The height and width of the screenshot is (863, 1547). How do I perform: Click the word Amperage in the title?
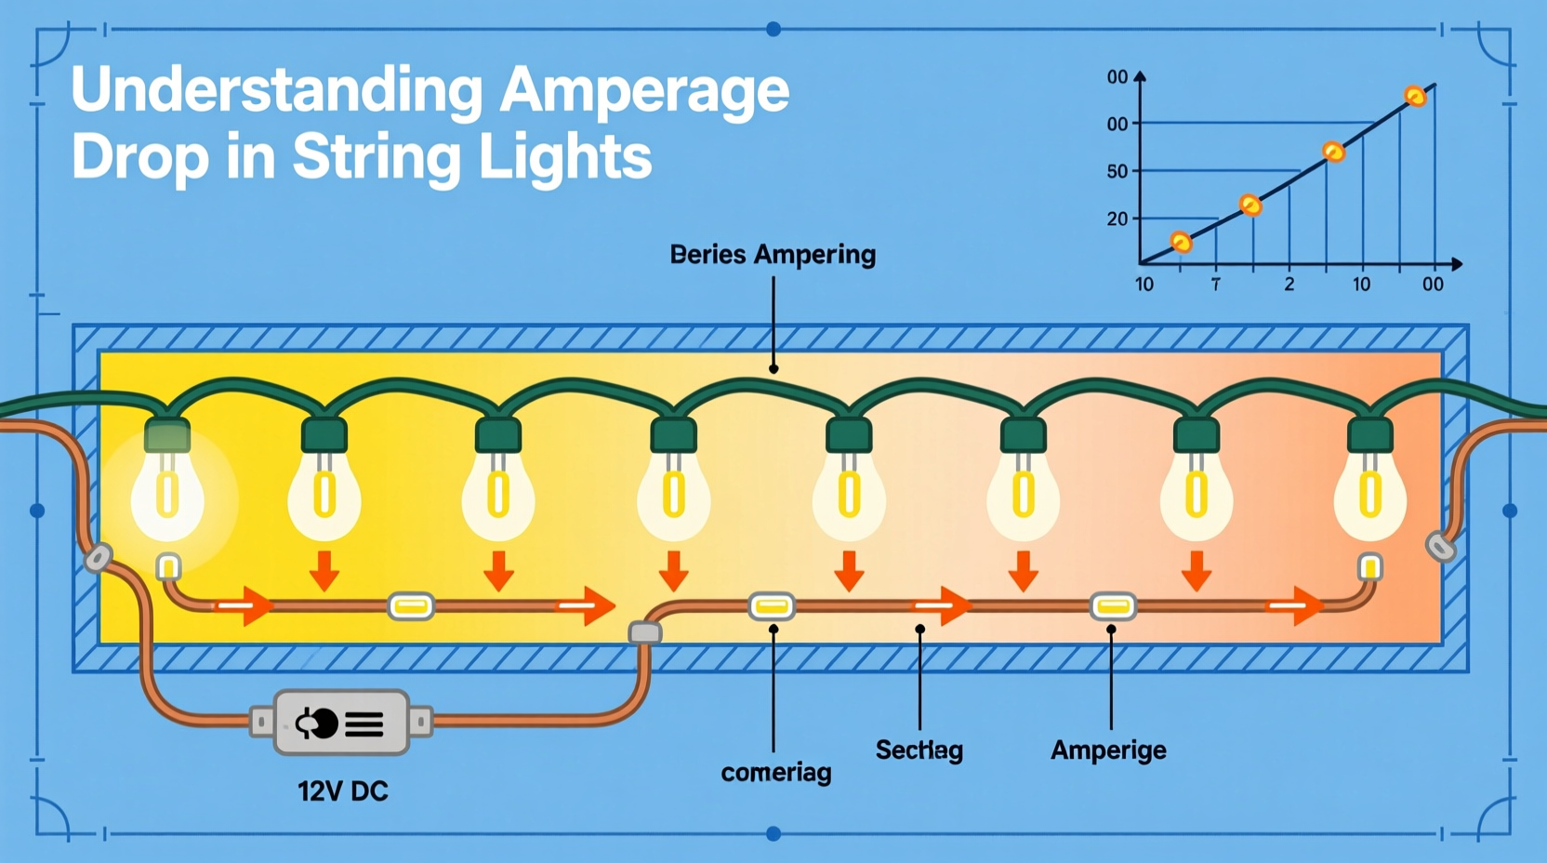click(643, 91)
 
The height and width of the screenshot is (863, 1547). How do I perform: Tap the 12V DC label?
click(342, 791)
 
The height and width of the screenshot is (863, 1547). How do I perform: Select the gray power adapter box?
click(341, 723)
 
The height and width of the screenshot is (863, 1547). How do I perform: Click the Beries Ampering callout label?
click(773, 255)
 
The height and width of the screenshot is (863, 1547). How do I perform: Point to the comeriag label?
click(775, 772)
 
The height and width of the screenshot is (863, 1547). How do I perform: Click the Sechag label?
click(919, 750)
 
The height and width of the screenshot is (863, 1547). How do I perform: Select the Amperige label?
click(1108, 750)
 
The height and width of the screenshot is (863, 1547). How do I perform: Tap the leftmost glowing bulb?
click(167, 498)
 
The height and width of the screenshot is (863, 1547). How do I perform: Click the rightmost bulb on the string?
click(1369, 498)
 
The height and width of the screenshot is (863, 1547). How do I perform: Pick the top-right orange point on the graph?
click(1415, 96)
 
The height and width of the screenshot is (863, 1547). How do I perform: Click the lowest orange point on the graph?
click(1181, 243)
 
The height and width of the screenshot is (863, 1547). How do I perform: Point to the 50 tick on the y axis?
click(1117, 171)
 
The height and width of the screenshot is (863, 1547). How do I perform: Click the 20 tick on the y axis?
click(1117, 219)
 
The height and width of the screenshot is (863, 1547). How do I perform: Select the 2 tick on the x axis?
click(1289, 285)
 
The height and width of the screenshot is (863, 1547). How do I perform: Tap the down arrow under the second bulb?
click(324, 570)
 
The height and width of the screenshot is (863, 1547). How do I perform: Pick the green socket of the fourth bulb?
click(673, 434)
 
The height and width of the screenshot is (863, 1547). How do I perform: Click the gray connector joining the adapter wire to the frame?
click(645, 633)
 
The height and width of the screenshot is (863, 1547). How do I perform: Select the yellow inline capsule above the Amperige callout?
click(1113, 606)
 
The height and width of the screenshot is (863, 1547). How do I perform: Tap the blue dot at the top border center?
click(773, 29)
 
